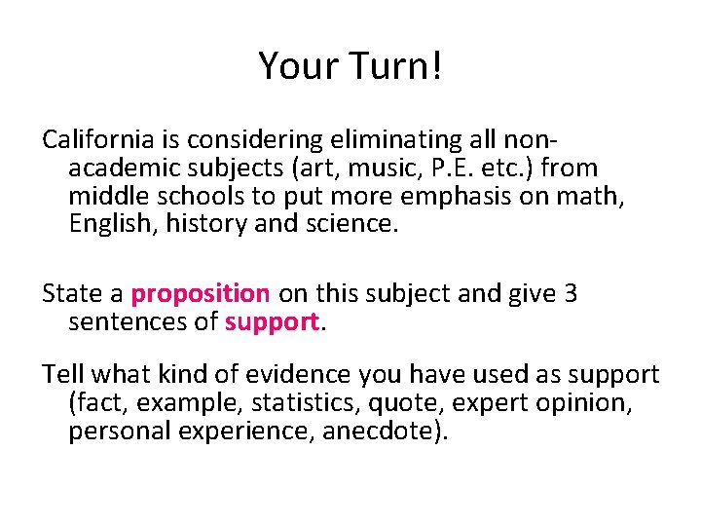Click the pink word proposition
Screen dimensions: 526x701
[x=201, y=293]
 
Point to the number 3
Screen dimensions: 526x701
[x=571, y=293]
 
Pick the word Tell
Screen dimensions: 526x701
[x=61, y=375]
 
